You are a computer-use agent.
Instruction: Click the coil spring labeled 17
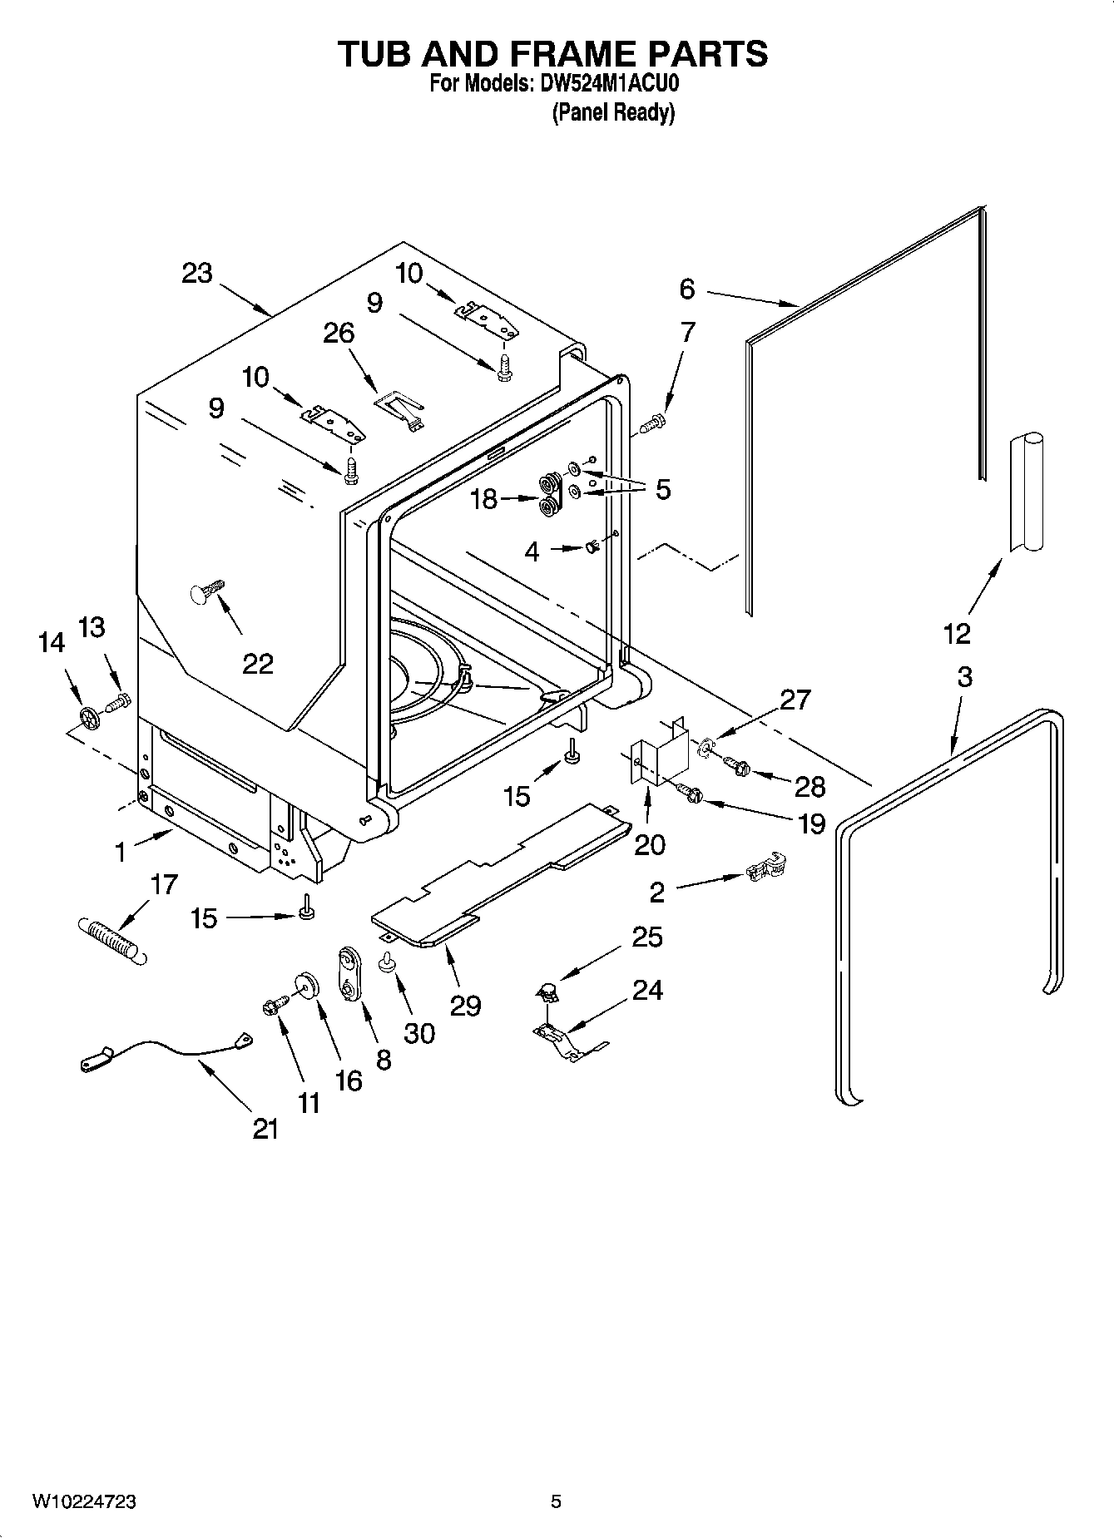click(111, 939)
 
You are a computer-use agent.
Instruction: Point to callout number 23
click(197, 273)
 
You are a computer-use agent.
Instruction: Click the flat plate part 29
click(499, 873)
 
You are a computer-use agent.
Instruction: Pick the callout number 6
click(686, 289)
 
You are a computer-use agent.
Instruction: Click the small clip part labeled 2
click(765, 869)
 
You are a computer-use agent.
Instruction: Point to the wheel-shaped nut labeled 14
click(88, 717)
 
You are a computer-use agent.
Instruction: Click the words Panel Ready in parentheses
click(613, 113)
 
